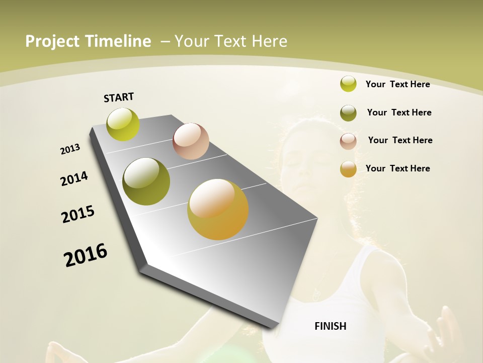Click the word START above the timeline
[x=119, y=97]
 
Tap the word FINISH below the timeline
[x=330, y=326]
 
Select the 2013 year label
[x=70, y=149]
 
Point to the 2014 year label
[x=74, y=178]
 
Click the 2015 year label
[x=78, y=214]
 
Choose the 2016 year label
[x=86, y=255]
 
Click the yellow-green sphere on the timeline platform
[x=123, y=125]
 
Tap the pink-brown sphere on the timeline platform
[x=191, y=141]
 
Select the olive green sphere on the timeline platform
[x=146, y=181]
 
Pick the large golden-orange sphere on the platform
[x=218, y=209]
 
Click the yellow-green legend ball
[x=348, y=84]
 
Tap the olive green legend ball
[x=348, y=113]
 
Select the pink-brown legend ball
[x=348, y=141]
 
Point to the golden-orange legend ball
[x=348, y=169]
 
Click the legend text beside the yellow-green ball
[x=397, y=84]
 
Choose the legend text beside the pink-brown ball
[x=400, y=140]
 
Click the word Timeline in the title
[x=118, y=41]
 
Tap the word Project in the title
[x=51, y=41]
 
